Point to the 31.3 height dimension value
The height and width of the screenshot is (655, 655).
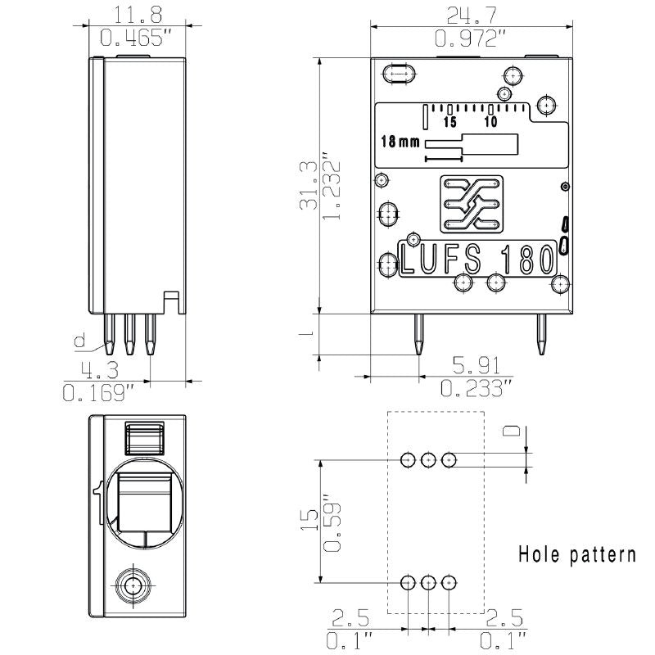tap(309, 187)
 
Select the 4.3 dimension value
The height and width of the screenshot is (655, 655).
tap(95, 368)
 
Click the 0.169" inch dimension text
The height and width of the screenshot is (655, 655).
tap(97, 393)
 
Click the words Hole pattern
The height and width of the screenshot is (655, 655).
tap(577, 554)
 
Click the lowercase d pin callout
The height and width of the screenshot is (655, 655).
tap(79, 341)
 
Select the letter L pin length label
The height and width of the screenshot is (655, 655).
tap(304, 335)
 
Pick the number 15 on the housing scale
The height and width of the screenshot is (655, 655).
tap(449, 122)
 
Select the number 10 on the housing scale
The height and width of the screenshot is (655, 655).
tap(491, 122)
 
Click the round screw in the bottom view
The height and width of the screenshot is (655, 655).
tap(132, 585)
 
